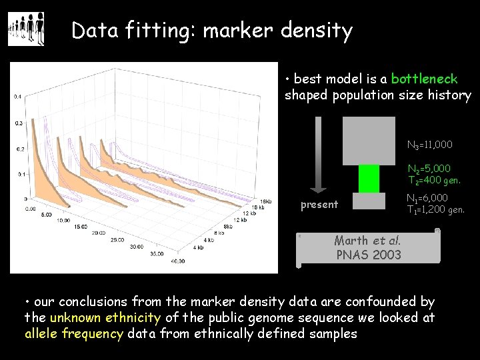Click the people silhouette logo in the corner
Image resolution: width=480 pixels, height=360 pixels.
pyautogui.click(x=26, y=29)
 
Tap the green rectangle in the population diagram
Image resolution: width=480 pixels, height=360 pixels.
pyautogui.click(x=369, y=178)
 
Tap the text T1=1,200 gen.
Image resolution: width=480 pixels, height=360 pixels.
pyautogui.click(x=436, y=210)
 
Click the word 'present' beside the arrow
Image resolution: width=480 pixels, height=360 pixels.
pyautogui.click(x=319, y=205)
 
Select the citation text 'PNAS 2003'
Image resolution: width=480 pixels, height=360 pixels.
pyautogui.click(x=368, y=255)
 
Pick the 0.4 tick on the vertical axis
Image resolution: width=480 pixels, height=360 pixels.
pyautogui.click(x=18, y=97)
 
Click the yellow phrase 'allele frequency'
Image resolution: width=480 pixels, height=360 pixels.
pyautogui.click(x=74, y=333)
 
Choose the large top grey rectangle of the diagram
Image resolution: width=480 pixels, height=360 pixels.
pyautogui.click(x=368, y=141)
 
